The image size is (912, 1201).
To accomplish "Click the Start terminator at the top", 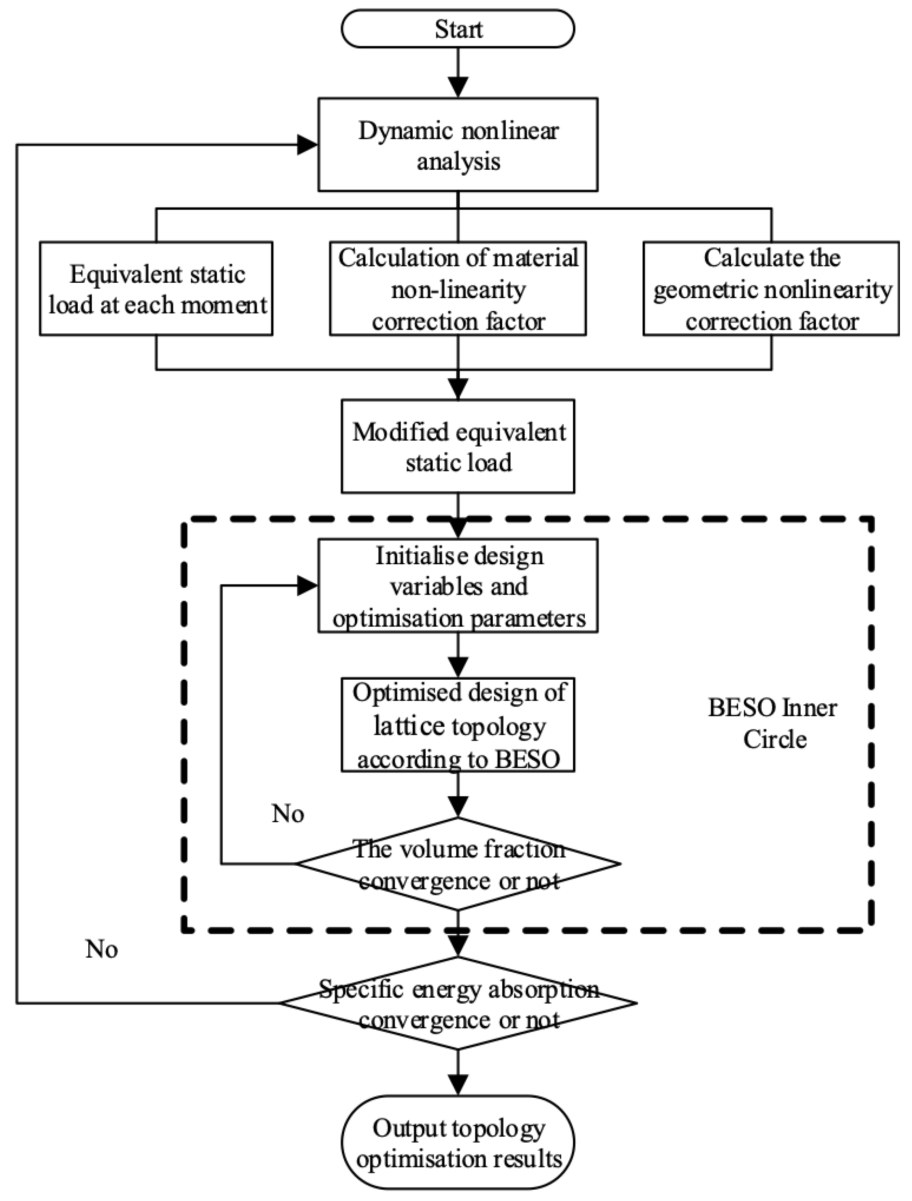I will tap(458, 29).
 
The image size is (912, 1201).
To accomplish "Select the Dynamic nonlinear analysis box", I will tap(458, 145).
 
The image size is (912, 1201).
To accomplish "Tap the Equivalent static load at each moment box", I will tap(156, 289).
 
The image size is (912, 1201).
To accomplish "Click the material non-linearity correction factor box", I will tap(458, 289).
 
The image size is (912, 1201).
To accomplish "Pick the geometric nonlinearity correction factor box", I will tap(771, 289).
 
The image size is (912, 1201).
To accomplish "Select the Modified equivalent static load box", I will tap(458, 447).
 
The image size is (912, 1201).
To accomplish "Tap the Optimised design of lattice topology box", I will tap(458, 725).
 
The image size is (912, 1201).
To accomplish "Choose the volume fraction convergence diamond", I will tap(458, 864).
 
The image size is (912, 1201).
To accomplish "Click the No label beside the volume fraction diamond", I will tap(287, 814).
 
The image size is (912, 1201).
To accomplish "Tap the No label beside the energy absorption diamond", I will tap(102, 949).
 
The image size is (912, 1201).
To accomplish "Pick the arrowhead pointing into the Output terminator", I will tap(458, 1084).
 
